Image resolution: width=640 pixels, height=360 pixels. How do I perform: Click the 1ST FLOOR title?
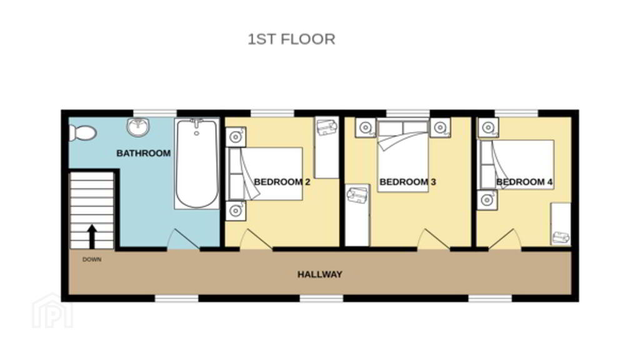pos(291,39)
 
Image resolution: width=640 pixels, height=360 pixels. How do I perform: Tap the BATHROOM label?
pos(143,153)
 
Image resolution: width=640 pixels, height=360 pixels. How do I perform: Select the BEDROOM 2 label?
pos(282,182)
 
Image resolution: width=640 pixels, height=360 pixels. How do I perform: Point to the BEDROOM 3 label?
pos(407,182)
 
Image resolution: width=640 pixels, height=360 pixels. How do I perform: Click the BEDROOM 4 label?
pos(524,182)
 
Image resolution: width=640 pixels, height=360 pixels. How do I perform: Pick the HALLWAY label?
pos(319,274)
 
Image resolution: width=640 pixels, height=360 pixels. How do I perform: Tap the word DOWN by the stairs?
pos(92,259)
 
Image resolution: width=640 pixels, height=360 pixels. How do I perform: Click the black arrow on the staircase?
pos(92,236)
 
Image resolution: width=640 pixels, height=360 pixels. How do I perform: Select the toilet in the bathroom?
pos(82,132)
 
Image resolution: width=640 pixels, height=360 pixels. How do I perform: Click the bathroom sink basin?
pos(138,126)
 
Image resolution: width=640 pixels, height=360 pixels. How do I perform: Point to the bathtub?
pos(197,163)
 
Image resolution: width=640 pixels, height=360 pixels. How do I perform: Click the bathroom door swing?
pos(183,239)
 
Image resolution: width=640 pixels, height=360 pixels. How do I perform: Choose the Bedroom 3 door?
pos(434,239)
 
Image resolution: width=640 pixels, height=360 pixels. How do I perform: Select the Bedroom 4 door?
pos(505,239)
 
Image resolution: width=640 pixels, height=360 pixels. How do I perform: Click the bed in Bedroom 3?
pos(403,155)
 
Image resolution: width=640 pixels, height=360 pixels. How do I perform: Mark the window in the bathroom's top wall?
pos(155,113)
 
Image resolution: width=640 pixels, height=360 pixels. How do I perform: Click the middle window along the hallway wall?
pos(322,299)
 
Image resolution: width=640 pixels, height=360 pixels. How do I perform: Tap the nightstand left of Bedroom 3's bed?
pos(365,127)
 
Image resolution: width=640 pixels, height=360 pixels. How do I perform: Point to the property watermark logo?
pos(52,311)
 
